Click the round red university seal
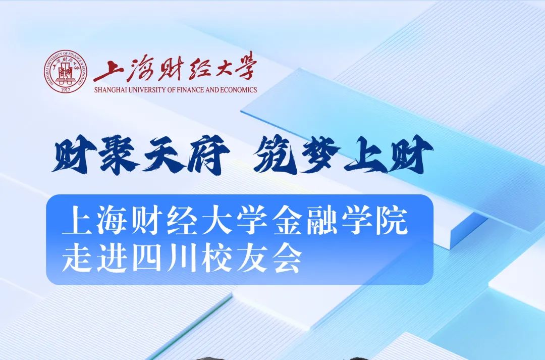tap(65, 72)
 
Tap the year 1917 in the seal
tap(65, 90)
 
